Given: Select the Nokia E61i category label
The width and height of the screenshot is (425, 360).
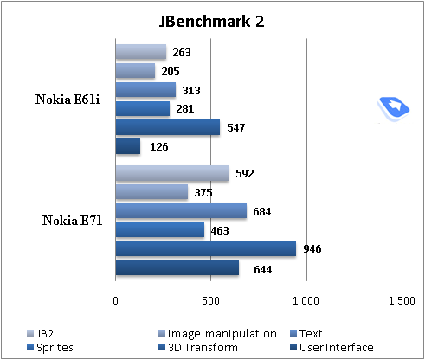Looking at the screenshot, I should (68, 100).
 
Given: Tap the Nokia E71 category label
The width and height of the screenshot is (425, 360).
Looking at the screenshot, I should (73, 221).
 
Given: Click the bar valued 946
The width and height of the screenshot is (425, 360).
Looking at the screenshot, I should (205, 249).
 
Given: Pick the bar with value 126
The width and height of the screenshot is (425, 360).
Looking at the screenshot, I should (127, 146).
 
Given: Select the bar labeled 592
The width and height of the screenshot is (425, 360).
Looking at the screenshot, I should (171, 173).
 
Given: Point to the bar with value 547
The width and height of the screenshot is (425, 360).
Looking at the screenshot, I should (167, 127).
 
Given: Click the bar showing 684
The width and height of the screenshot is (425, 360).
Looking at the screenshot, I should (180, 211).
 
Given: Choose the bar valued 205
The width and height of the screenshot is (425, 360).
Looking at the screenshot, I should (134, 71).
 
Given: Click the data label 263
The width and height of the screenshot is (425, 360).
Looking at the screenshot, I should (181, 52).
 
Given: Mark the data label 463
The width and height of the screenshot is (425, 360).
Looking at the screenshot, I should (219, 230).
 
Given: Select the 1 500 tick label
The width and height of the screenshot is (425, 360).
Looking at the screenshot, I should (401, 300).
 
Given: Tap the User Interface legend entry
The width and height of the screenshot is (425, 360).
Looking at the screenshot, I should (336, 347).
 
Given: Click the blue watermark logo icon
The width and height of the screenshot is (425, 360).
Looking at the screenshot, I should (394, 106).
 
